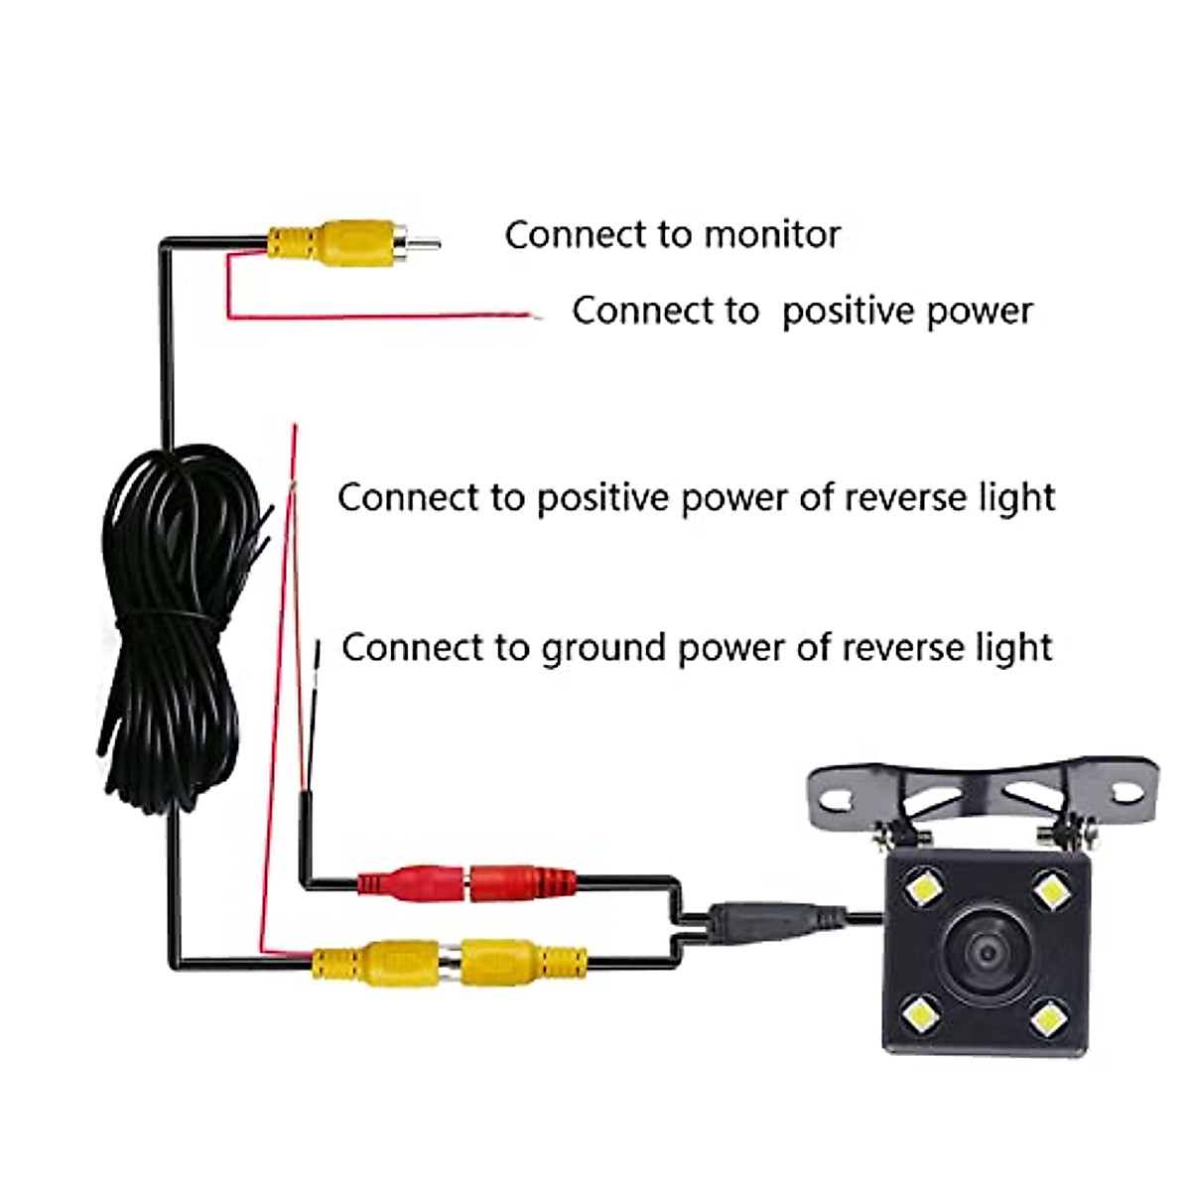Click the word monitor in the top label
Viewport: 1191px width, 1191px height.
[x=772, y=235]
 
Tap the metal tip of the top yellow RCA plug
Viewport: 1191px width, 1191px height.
[x=425, y=243]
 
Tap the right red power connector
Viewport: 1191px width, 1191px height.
[x=523, y=883]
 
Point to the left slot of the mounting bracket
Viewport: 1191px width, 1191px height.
[x=841, y=794]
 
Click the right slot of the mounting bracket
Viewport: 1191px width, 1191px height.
[x=1126, y=792]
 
